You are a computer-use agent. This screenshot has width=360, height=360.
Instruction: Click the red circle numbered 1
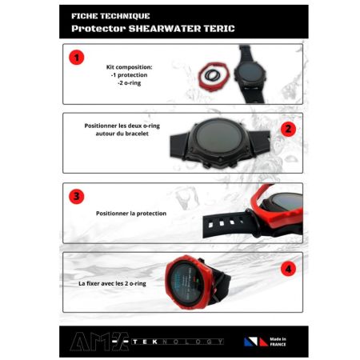(75, 58)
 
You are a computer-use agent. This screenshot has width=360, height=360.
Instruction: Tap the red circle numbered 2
(288, 128)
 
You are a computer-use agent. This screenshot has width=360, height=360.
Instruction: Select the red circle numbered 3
(75, 196)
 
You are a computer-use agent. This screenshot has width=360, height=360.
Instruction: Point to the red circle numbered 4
(288, 270)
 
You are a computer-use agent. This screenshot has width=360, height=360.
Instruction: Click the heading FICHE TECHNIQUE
(101, 15)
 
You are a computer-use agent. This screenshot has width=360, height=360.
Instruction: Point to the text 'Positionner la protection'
(130, 214)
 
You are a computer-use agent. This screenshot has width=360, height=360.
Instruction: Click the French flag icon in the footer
(255, 341)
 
